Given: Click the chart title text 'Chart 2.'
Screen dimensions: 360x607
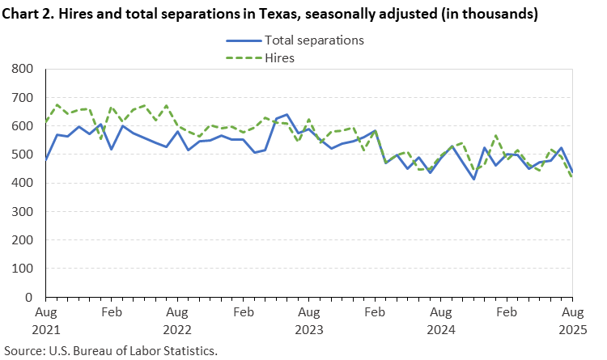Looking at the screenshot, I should tap(32, 15).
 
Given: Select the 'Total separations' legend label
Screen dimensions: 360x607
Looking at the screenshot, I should tap(314, 40).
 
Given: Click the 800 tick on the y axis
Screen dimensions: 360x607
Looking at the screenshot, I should tap(23, 70).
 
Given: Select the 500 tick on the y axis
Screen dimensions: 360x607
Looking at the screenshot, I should tap(23, 155).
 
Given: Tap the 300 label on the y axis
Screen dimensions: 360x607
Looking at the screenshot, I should tap(23, 212).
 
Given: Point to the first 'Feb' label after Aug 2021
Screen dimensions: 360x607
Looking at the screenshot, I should tap(111, 311).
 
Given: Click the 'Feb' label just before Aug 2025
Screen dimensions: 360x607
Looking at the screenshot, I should tap(507, 311).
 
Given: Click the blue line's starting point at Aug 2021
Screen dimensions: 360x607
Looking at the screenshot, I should tap(45, 160).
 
